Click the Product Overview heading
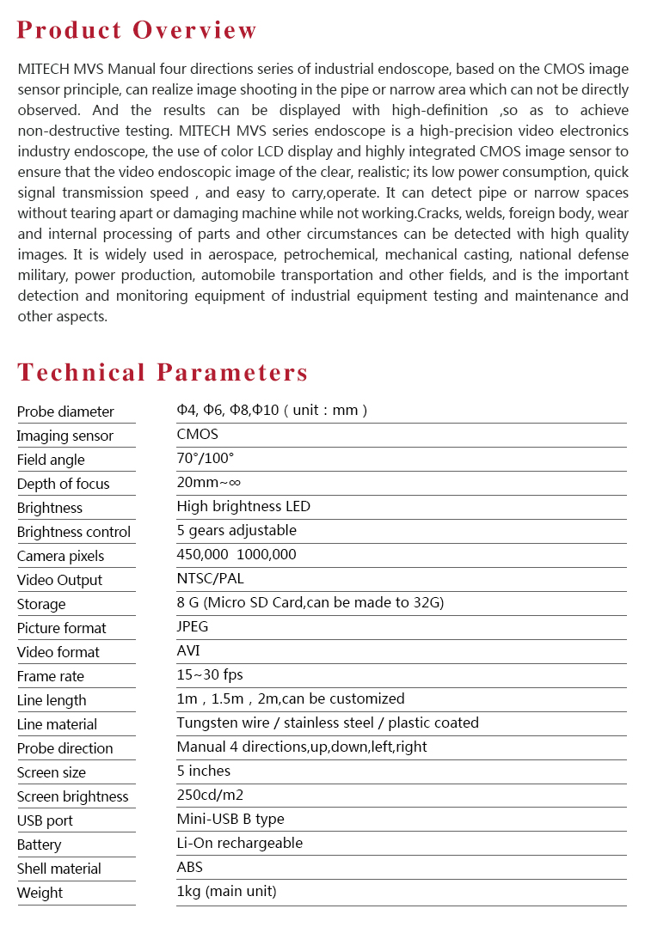[x=137, y=30]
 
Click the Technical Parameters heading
[x=163, y=372]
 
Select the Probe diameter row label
[x=65, y=412]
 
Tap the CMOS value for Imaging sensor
[x=197, y=434]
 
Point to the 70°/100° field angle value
[x=205, y=459]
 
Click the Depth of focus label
[x=64, y=484]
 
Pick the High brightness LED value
[x=243, y=506]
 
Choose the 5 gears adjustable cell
[x=236, y=530]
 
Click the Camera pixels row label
[x=60, y=556]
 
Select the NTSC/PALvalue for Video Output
[x=210, y=578]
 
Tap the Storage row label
[x=41, y=604]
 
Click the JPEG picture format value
[x=193, y=626]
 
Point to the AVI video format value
[x=188, y=650]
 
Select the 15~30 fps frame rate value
[x=210, y=674]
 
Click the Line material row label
[x=57, y=724]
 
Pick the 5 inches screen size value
[x=204, y=771]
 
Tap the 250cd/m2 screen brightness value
[x=210, y=795]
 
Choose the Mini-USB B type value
[x=230, y=819]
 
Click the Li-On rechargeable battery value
[x=240, y=843]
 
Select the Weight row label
[x=40, y=893]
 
